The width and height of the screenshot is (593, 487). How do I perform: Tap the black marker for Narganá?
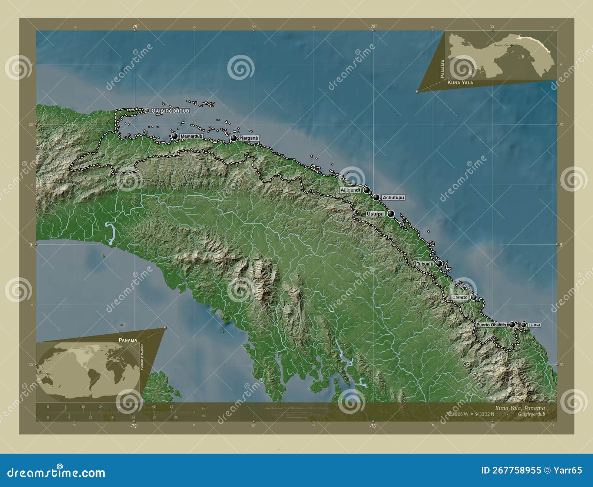(x=234, y=138)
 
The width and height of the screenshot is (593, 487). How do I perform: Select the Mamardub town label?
(x=191, y=136)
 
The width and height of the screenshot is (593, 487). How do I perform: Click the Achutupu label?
(x=393, y=198)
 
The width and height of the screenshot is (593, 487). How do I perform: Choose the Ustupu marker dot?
(x=391, y=213)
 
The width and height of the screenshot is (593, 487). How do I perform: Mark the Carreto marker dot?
(x=474, y=297)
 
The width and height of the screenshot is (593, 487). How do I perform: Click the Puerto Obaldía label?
(x=491, y=325)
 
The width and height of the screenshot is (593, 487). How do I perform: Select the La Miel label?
(x=534, y=325)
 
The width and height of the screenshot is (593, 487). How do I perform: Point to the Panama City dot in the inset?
(x=511, y=45)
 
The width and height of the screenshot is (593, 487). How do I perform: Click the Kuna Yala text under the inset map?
(x=460, y=83)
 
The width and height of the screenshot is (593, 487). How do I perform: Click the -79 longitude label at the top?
(x=134, y=26)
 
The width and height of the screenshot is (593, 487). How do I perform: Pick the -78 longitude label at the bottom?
(x=372, y=426)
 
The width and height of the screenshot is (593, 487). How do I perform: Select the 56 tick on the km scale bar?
(x=171, y=407)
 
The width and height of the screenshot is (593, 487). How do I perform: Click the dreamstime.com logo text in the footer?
(x=56, y=473)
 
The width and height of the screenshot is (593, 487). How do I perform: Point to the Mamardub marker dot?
(x=175, y=136)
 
